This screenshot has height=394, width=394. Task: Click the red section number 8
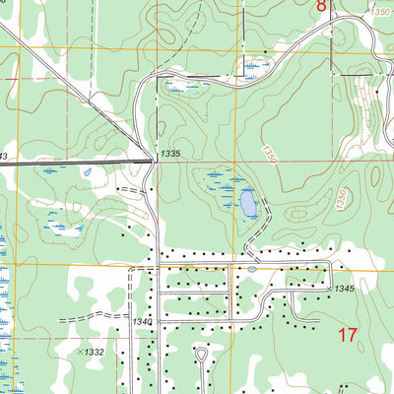321,6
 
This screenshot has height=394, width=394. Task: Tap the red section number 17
347,335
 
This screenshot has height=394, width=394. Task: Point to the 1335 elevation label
170,154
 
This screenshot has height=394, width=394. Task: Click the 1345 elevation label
343,288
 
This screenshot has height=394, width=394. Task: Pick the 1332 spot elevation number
95,351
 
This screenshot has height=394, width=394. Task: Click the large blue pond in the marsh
247,204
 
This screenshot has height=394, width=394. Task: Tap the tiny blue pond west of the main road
88,173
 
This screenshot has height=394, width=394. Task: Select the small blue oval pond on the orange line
252,267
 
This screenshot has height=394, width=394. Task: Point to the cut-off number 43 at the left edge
3,156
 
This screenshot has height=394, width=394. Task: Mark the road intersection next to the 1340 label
158,318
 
